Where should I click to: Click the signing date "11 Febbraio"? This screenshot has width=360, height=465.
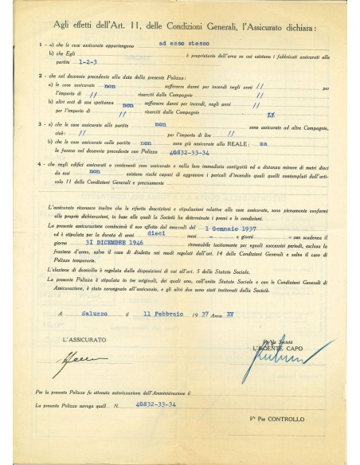194,314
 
